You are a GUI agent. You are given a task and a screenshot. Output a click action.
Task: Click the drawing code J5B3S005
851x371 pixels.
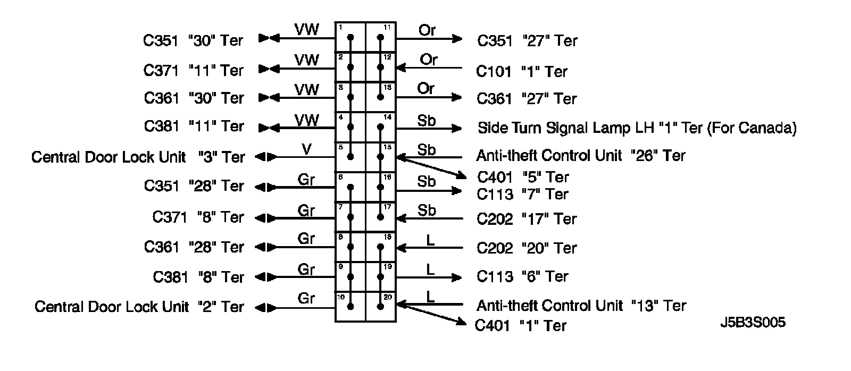coord(753,323)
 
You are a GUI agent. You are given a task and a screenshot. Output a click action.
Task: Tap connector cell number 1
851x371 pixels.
coord(351,37)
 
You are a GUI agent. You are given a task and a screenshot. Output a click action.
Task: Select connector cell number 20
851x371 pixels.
coord(381,307)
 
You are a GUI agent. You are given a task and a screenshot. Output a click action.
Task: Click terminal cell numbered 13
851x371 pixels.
coord(381,97)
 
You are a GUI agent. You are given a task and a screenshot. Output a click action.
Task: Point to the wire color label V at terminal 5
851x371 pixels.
coord(306,149)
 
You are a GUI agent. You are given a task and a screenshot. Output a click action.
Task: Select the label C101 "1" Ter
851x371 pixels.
coord(522,71)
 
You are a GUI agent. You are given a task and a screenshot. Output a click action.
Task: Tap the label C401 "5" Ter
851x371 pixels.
coord(523,177)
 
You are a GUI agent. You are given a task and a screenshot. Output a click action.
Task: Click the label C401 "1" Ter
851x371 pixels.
coord(520,325)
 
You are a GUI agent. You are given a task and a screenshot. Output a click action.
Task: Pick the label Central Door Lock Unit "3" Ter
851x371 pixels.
coord(138,157)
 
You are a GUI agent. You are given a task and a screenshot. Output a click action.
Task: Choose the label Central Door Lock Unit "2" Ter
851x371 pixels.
coord(139,307)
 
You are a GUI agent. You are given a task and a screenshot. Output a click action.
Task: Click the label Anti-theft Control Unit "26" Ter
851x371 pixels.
coord(580,155)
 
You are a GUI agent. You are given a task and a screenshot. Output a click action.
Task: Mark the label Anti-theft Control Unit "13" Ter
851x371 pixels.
coord(581,306)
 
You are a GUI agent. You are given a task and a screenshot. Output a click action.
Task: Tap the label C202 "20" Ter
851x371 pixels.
coord(526,248)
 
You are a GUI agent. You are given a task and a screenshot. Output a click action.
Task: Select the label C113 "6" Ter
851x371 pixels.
coord(522,276)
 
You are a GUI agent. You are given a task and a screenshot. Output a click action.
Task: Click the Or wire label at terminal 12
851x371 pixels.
coord(429,60)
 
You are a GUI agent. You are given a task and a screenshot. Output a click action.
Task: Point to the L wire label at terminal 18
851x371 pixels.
coord(431,240)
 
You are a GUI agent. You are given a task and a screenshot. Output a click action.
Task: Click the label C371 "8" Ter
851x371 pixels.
coord(198,217)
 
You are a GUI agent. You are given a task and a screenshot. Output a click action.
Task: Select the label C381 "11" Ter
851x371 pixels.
coord(194,127)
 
